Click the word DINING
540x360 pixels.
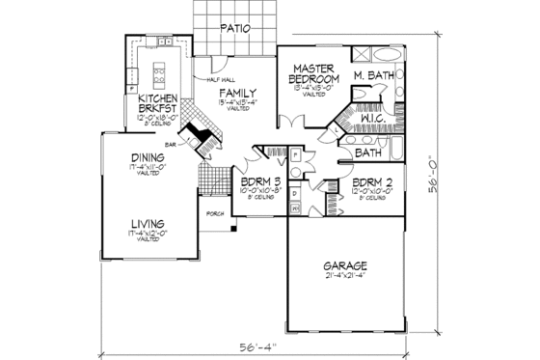(x=148, y=162)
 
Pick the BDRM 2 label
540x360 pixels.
(x=371, y=182)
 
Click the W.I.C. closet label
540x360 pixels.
(x=369, y=122)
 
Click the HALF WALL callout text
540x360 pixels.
(x=221, y=79)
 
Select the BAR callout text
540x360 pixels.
(x=170, y=144)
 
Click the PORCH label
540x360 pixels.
(x=213, y=213)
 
